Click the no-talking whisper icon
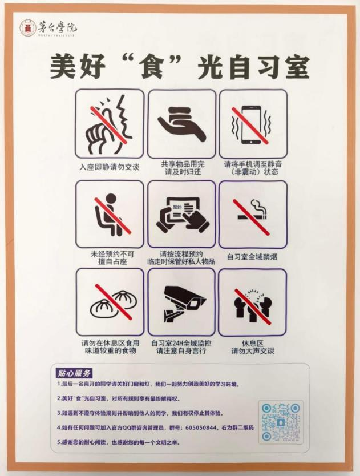110,123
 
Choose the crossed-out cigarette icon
252,212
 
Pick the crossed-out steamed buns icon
110,302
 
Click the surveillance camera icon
181,302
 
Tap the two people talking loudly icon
252,302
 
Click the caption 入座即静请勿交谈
110,168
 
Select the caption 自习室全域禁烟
252,256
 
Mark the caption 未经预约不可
110,253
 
